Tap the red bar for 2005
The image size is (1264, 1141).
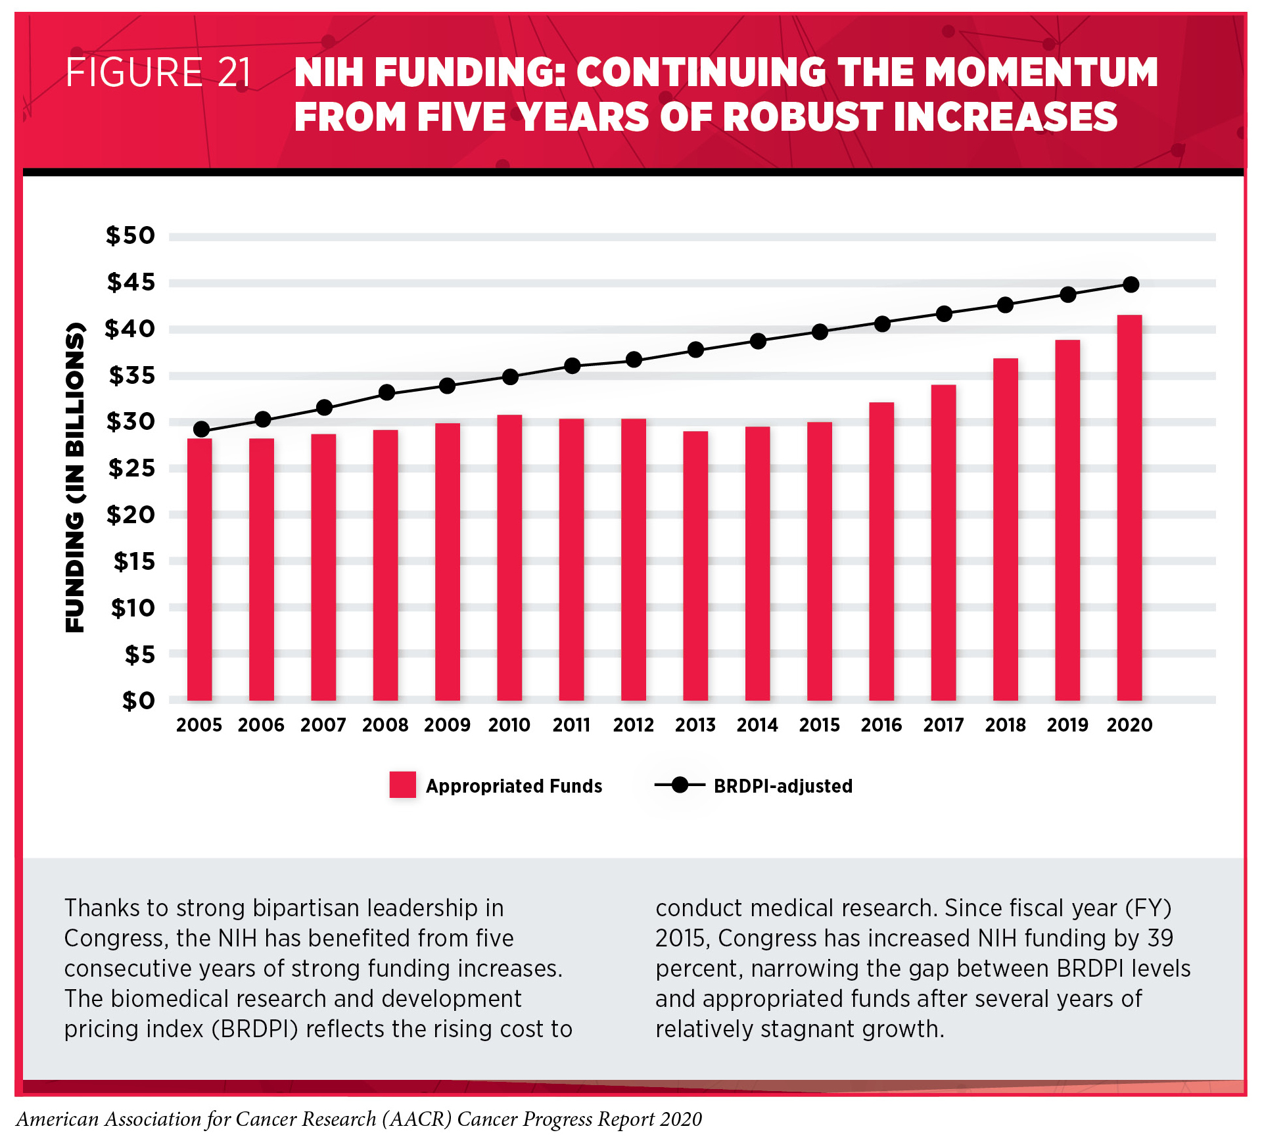(199, 569)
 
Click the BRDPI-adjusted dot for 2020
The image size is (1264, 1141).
(1131, 285)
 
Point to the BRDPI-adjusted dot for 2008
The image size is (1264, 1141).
(387, 393)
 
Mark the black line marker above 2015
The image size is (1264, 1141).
(820, 332)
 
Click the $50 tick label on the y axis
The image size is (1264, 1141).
(130, 235)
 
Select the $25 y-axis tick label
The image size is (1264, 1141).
(131, 468)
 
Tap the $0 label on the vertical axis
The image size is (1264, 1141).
(138, 701)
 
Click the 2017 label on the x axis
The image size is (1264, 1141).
(943, 725)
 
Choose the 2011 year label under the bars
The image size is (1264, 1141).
(571, 725)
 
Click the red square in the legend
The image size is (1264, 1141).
(402, 785)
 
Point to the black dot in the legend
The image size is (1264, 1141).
(680, 785)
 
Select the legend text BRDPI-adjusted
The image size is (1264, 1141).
(783, 786)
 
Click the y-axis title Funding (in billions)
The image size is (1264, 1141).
(75, 478)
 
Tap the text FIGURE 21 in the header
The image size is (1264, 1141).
(158, 72)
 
